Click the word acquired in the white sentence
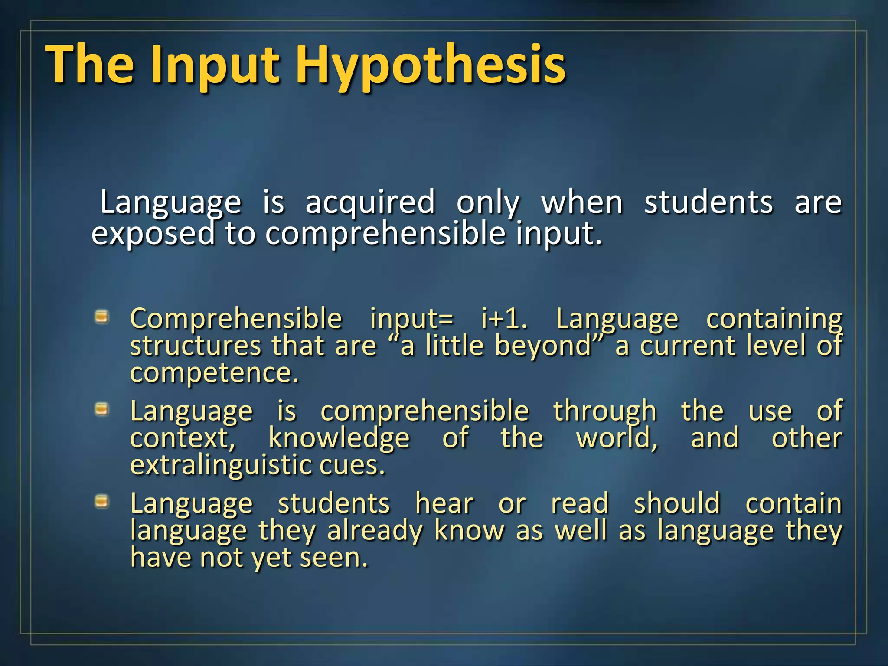(x=370, y=202)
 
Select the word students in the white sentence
(x=708, y=202)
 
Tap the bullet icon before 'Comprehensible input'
(x=101, y=317)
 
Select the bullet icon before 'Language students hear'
(x=101, y=502)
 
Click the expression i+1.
(x=504, y=319)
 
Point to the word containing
(x=774, y=319)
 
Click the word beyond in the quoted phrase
(x=544, y=346)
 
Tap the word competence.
(x=215, y=373)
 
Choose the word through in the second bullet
(x=605, y=411)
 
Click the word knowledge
(x=339, y=438)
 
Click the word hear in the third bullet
(x=444, y=503)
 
